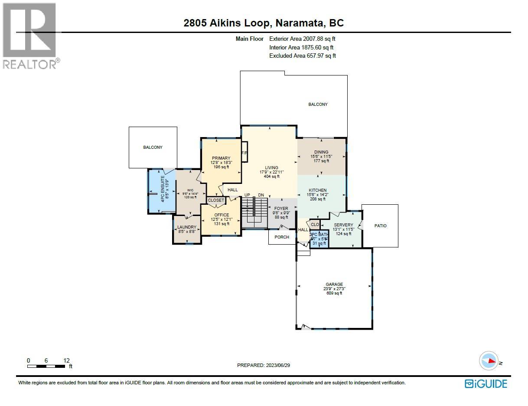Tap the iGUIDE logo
click(x=486, y=383)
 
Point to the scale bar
click(x=48, y=366)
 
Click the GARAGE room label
click(x=334, y=285)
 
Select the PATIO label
click(x=380, y=226)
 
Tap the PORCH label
click(x=282, y=237)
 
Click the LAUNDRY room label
click(x=187, y=227)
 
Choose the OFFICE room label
click(x=221, y=215)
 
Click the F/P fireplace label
click(x=244, y=154)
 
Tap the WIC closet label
click(x=190, y=190)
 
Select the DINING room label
click(x=321, y=152)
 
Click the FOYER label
click(x=281, y=209)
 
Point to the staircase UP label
click(x=247, y=195)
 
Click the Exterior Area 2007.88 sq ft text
click(x=302, y=39)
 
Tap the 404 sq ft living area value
click(x=272, y=177)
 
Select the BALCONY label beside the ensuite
click(x=153, y=147)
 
